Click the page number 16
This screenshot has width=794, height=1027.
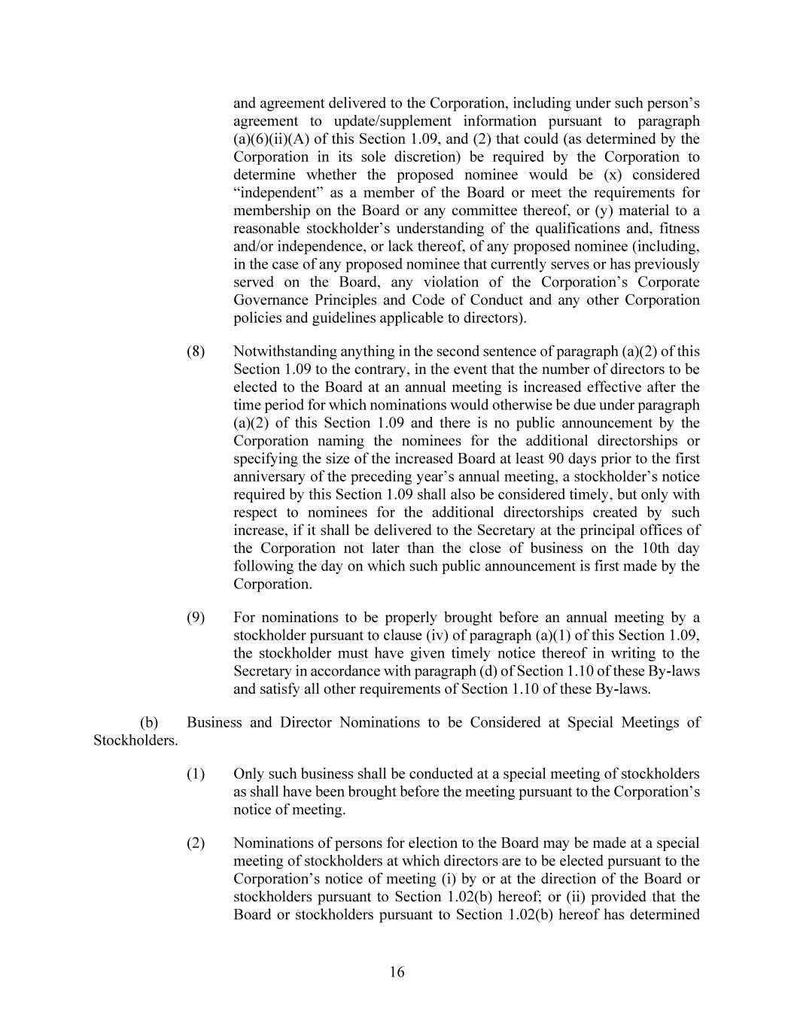point(397,972)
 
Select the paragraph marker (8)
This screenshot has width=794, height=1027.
point(196,351)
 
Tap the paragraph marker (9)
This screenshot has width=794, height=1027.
point(196,618)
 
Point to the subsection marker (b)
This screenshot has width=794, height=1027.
point(149,722)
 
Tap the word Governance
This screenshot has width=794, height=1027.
point(268,300)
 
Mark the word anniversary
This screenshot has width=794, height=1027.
point(269,477)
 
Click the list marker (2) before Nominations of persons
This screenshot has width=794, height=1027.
point(196,843)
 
